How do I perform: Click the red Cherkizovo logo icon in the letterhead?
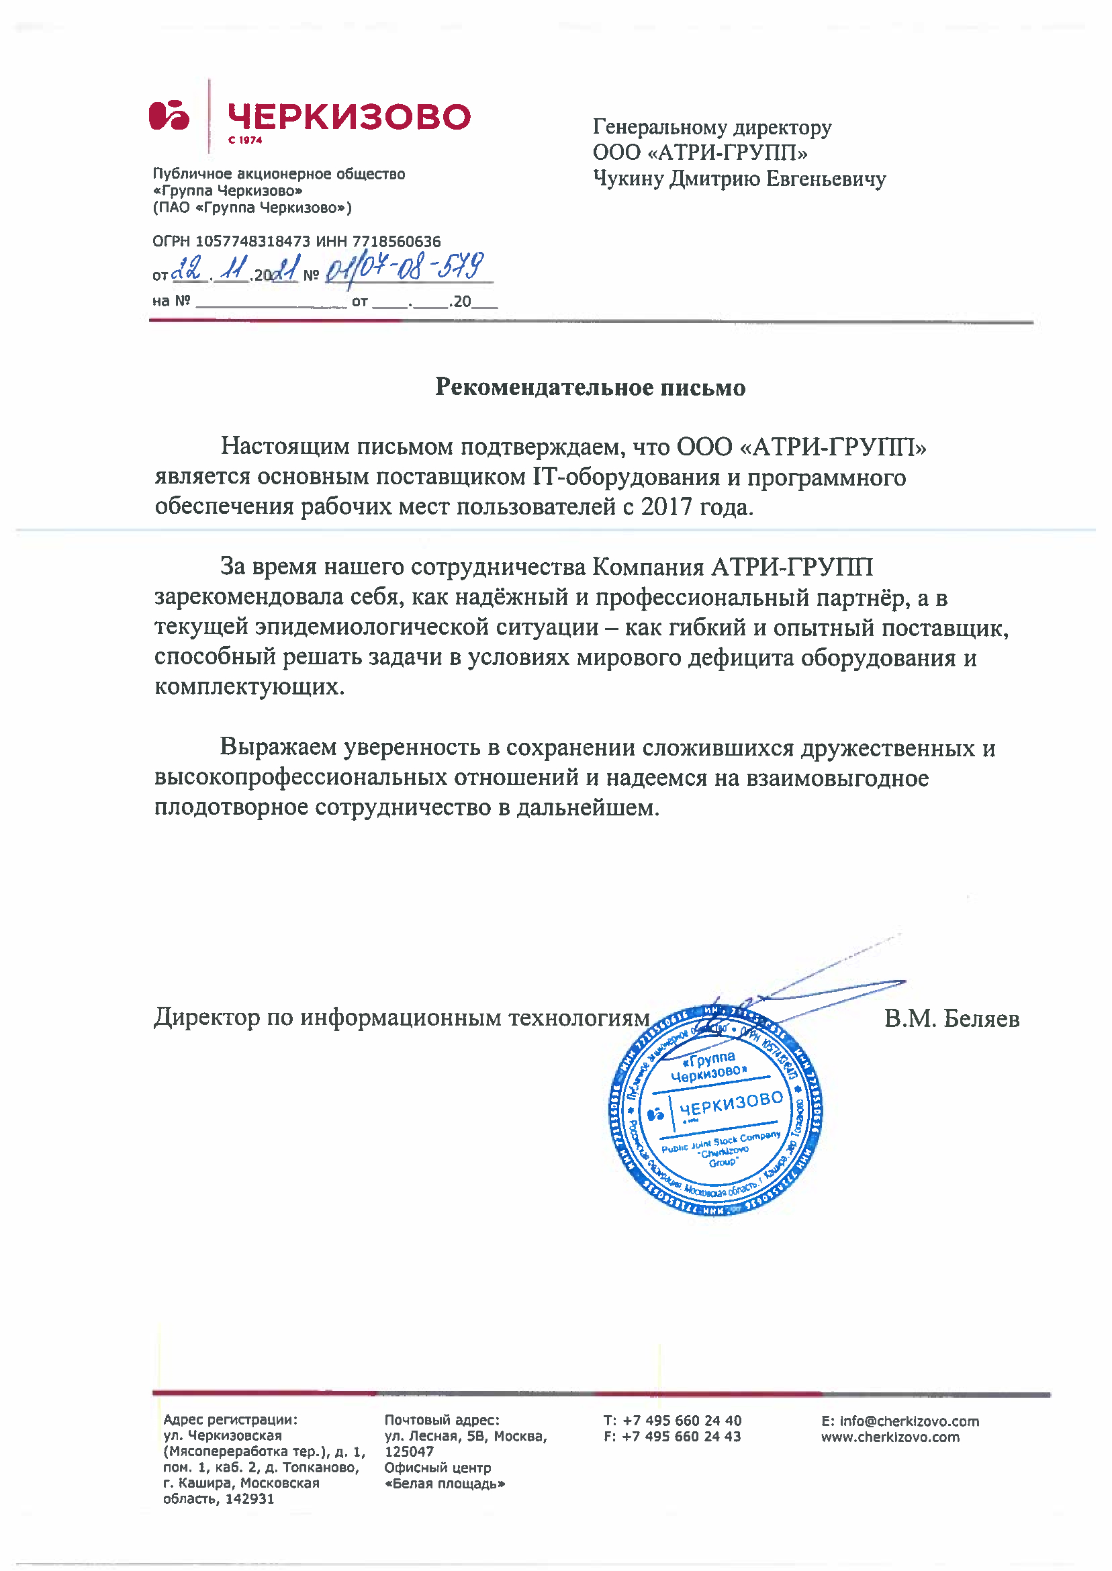169,115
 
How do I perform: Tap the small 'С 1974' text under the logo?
245,140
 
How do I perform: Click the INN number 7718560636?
396,242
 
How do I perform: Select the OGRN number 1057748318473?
252,242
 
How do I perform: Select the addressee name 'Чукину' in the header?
629,179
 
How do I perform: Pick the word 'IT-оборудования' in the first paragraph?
627,478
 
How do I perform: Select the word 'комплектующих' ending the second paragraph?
248,686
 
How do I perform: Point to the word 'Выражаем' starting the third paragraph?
278,747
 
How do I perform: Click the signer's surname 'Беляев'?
981,1019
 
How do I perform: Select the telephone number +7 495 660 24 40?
682,1421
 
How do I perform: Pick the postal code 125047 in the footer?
409,1452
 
